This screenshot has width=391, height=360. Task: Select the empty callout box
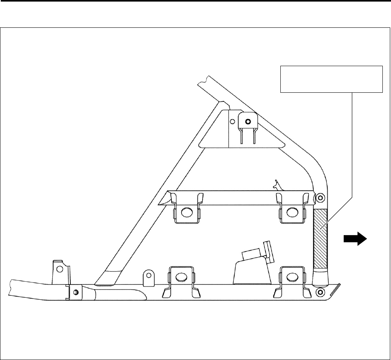(x=331, y=79)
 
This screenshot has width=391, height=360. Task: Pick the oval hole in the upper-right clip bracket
(x=291, y=212)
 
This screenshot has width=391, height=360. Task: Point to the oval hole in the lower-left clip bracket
(x=181, y=277)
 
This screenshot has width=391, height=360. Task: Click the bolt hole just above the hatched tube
(x=321, y=197)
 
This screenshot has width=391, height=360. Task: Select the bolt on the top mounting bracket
(x=247, y=121)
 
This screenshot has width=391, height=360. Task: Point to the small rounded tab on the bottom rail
(x=149, y=277)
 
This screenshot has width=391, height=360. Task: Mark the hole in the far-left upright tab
(x=59, y=269)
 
